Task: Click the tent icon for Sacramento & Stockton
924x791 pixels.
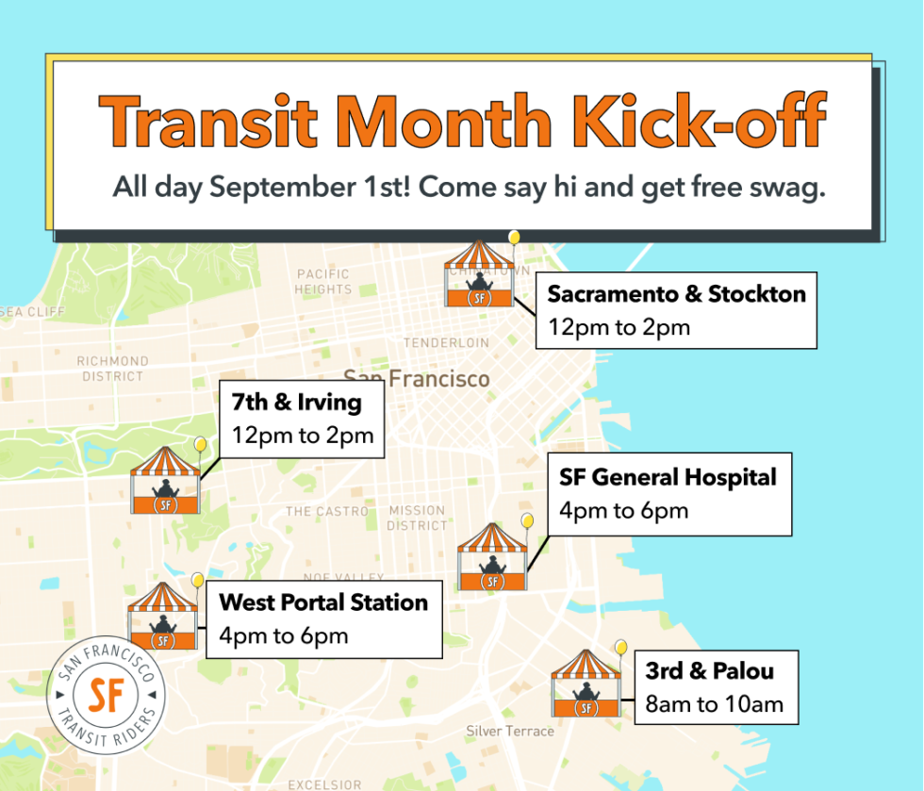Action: click(480, 275)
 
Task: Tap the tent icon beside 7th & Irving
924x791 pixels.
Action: click(166, 481)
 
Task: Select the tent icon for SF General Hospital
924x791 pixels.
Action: click(491, 558)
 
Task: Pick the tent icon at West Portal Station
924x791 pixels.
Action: click(163, 617)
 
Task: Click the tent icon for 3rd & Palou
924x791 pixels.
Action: click(586, 684)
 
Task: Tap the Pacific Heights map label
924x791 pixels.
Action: click(323, 282)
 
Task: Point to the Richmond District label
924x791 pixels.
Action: click(112, 368)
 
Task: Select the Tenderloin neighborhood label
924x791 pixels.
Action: click(447, 343)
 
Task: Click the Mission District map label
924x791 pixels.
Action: click(416, 518)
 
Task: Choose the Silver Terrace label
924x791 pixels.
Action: click(510, 732)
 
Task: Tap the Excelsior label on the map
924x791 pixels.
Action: click(324, 783)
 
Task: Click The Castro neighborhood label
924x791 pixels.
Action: click(327, 511)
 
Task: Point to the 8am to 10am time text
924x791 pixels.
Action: click(715, 703)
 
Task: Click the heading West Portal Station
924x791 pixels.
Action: click(323, 602)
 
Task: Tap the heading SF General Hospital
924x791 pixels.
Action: click(668, 478)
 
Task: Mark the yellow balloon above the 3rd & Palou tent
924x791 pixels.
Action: click(620, 647)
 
